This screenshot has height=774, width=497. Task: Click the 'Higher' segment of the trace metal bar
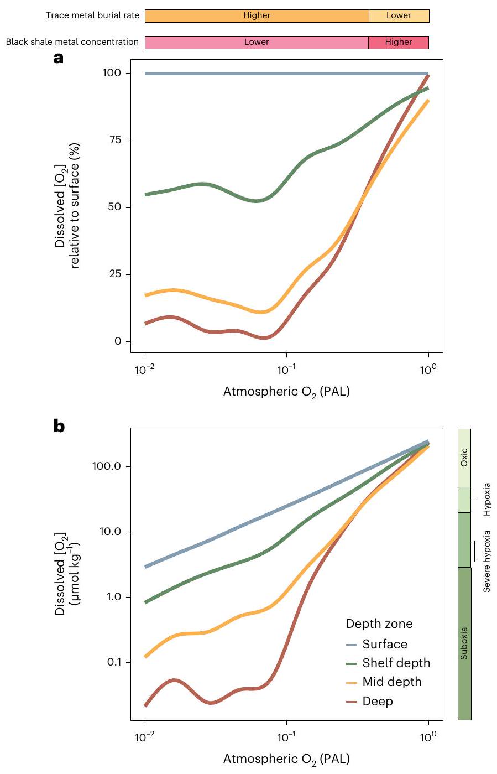(257, 15)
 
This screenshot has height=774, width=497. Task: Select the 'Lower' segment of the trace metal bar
(399, 15)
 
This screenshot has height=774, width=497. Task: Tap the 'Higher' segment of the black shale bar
(399, 42)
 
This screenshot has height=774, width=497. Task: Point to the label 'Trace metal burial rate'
(92, 15)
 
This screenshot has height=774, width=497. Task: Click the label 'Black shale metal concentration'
(72, 42)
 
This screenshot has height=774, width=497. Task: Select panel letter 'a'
(59, 58)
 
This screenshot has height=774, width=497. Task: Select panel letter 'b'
(59, 427)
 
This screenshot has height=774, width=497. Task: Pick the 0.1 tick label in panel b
(114, 662)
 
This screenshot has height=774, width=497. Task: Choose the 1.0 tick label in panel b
(114, 597)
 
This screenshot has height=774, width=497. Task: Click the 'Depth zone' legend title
(379, 624)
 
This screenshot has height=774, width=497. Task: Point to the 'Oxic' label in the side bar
(464, 458)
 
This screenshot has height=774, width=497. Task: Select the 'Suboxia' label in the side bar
(464, 643)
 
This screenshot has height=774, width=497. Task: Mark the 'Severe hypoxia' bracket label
(487, 561)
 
